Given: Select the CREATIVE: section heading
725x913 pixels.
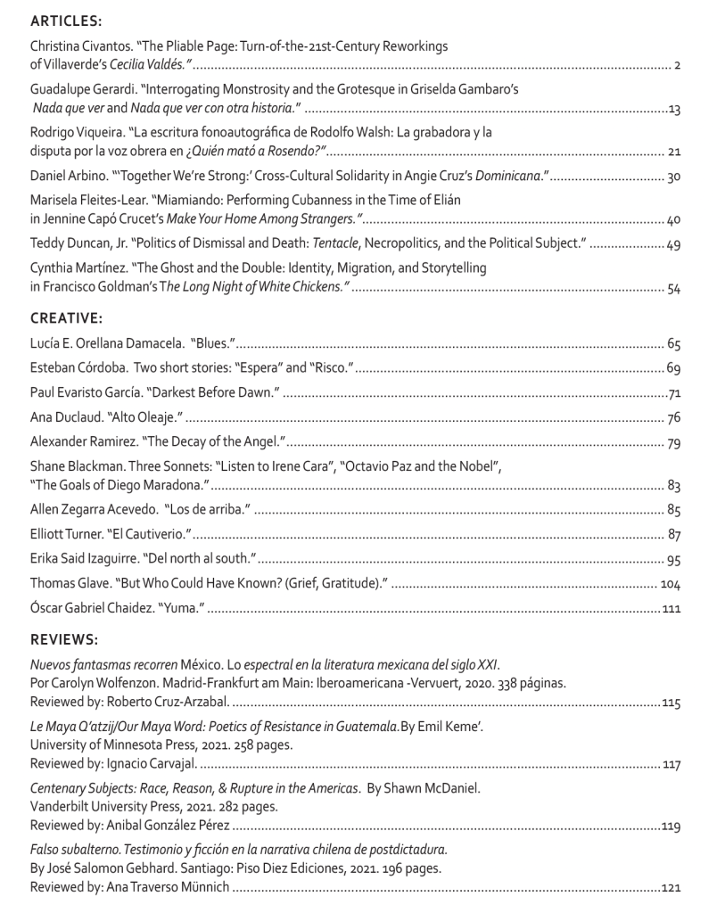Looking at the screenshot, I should click(x=64, y=317).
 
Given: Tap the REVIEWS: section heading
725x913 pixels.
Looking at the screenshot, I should click(x=63, y=639).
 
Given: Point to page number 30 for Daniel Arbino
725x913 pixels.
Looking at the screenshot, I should click(x=673, y=176).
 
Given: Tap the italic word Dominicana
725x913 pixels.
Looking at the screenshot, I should click(x=506, y=176).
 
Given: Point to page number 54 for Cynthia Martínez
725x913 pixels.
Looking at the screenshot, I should click(x=673, y=287).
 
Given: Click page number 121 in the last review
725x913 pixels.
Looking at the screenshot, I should click(x=671, y=887).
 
